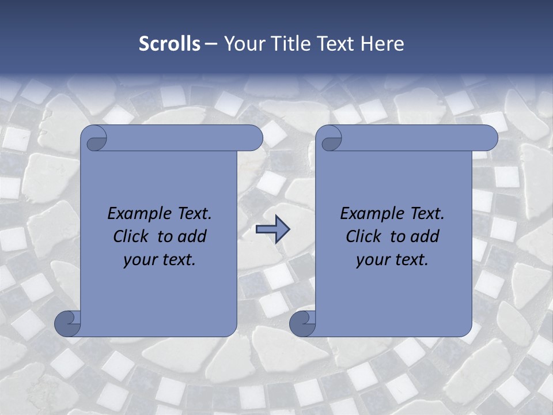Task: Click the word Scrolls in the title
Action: coord(169,44)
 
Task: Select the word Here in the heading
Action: coord(382,44)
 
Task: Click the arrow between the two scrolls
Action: coord(272,230)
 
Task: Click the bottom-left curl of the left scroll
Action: coord(67,323)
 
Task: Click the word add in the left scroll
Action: coord(192,236)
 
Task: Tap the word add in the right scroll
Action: coord(425,236)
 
